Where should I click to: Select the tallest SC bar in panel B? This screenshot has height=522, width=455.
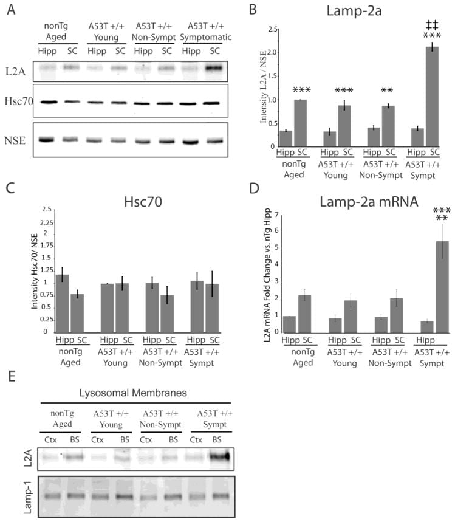[432, 97]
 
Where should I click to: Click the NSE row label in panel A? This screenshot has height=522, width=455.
[15, 139]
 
